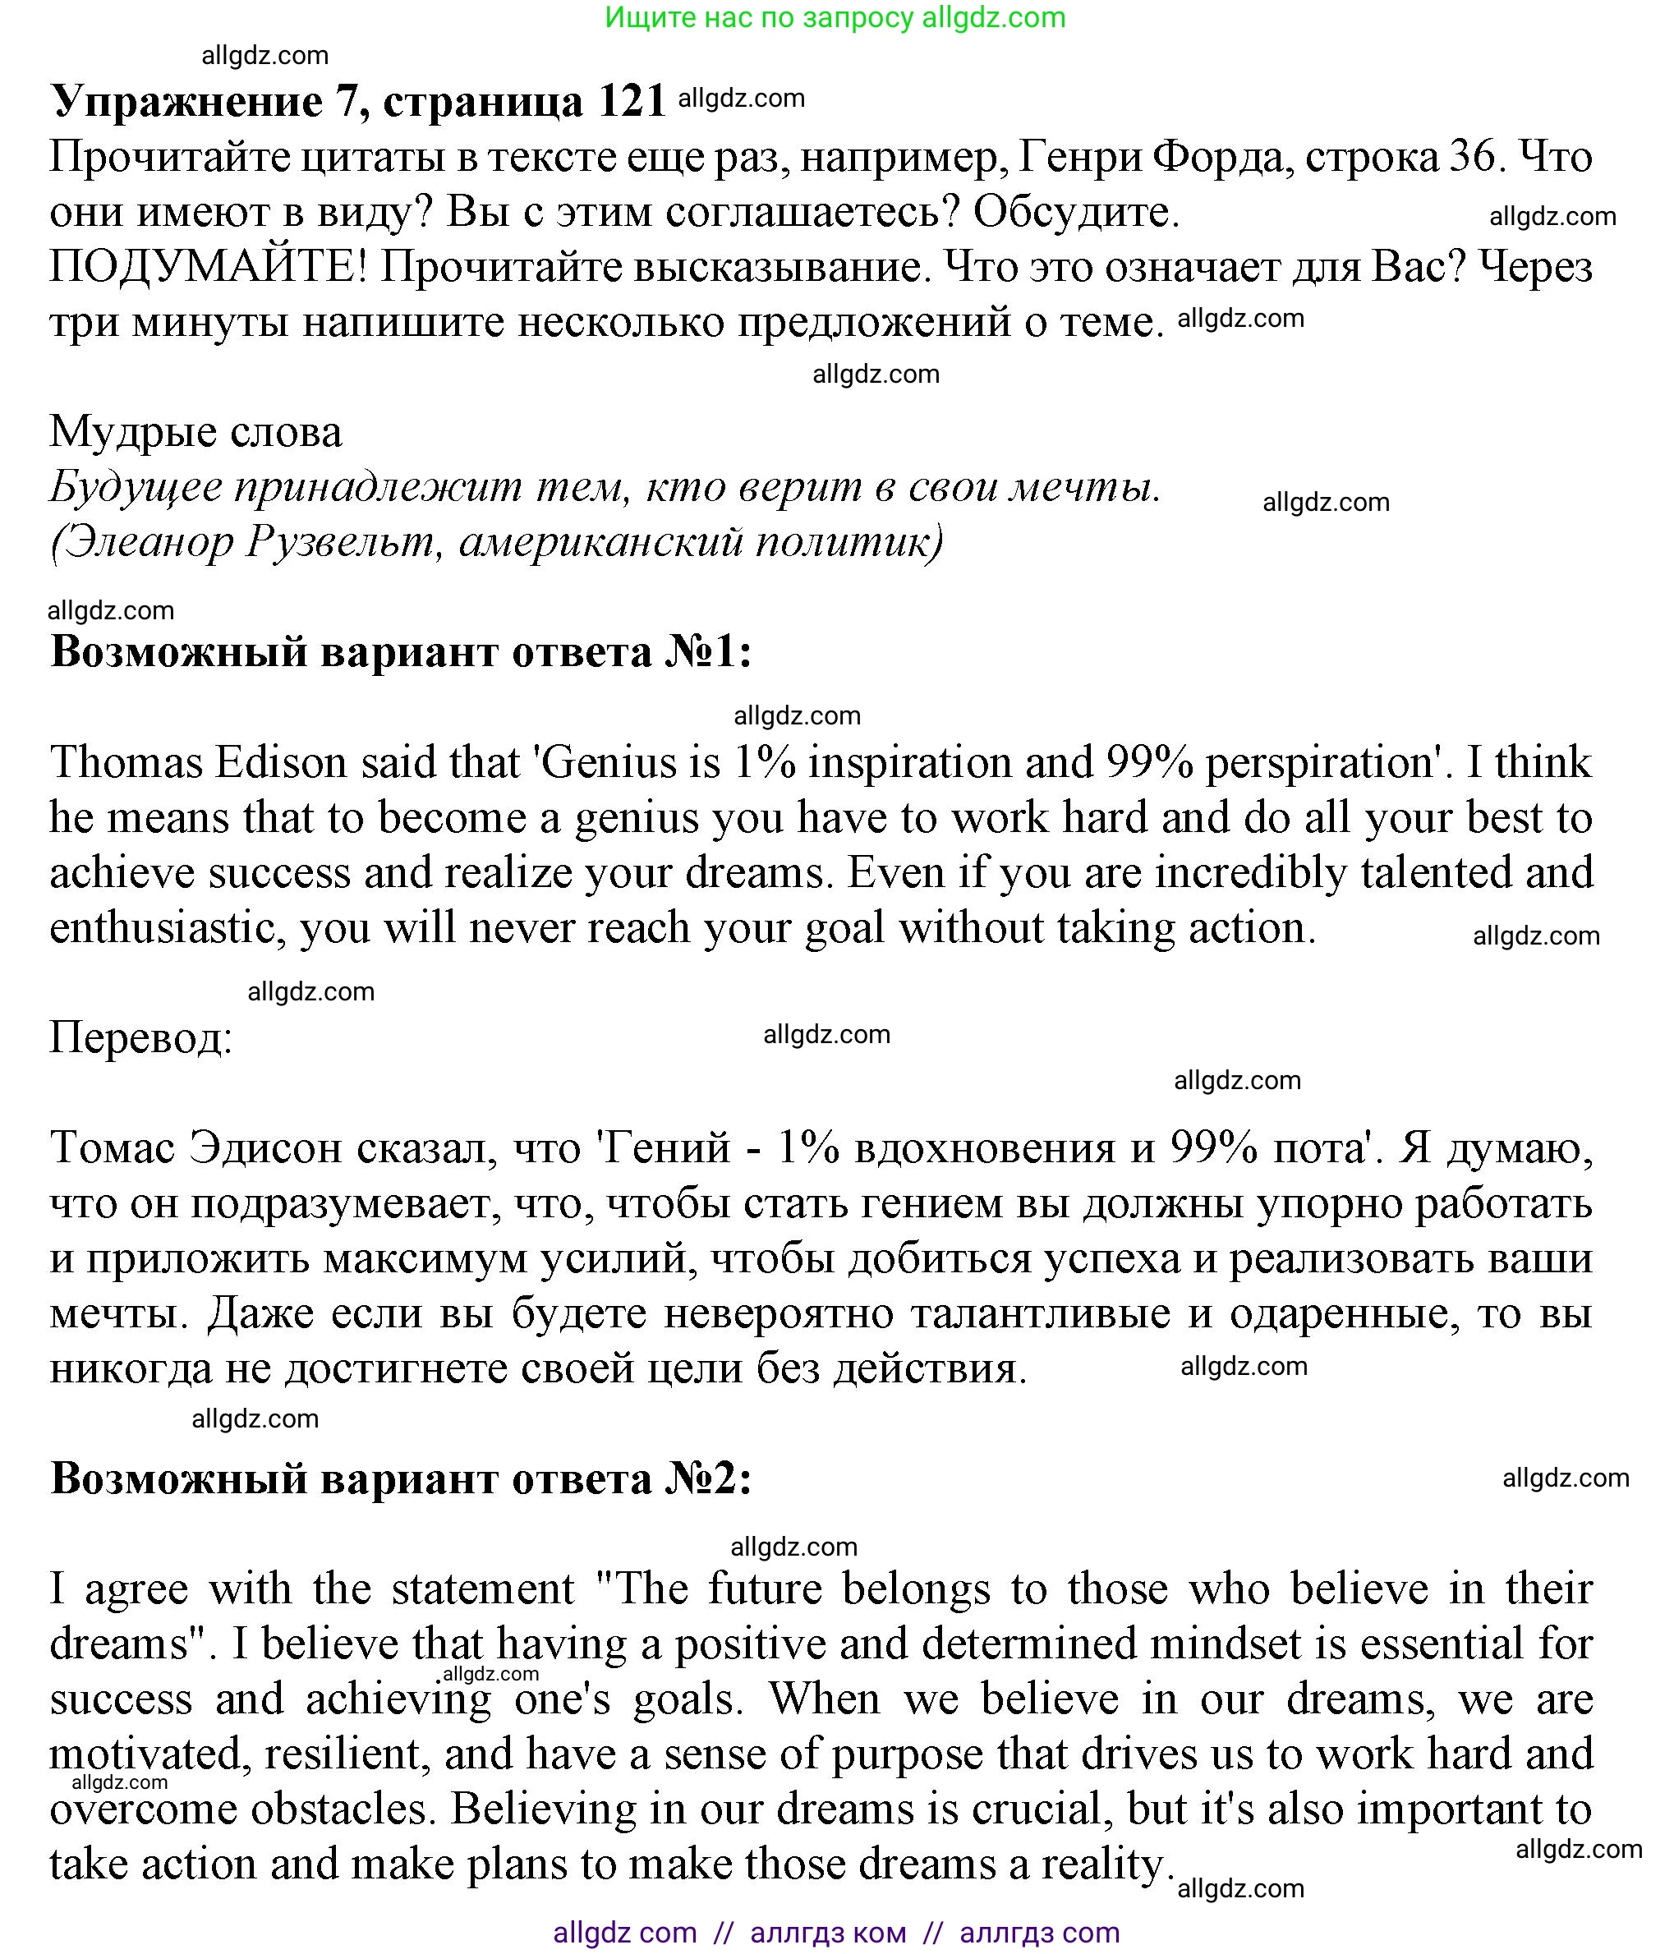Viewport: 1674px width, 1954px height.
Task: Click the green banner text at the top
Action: [x=835, y=17]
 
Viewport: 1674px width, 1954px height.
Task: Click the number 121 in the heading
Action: [x=632, y=100]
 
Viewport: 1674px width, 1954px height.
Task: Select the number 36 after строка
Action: [x=1471, y=157]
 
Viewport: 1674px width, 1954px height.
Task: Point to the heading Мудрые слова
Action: [x=195, y=432]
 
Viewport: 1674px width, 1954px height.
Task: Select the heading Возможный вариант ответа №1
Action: [x=401, y=651]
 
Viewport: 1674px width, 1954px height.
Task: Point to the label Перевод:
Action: [x=140, y=1038]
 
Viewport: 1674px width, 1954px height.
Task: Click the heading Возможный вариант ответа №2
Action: [x=401, y=1478]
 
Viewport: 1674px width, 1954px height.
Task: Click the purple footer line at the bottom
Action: [x=836, y=1933]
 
